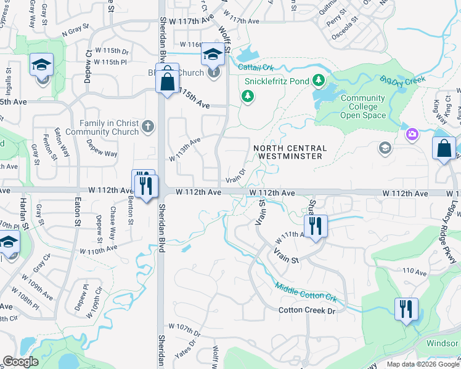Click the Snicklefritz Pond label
tap(277, 81)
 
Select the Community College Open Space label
tap(362, 106)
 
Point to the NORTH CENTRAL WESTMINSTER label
tap(288, 152)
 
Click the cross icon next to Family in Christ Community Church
tap(147, 127)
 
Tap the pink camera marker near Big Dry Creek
tap(411, 133)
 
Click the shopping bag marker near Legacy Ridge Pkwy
tap(444, 149)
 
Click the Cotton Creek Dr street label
tap(306, 311)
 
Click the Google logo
tap(20, 361)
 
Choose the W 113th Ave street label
tap(186, 149)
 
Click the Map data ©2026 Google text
tap(422, 364)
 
